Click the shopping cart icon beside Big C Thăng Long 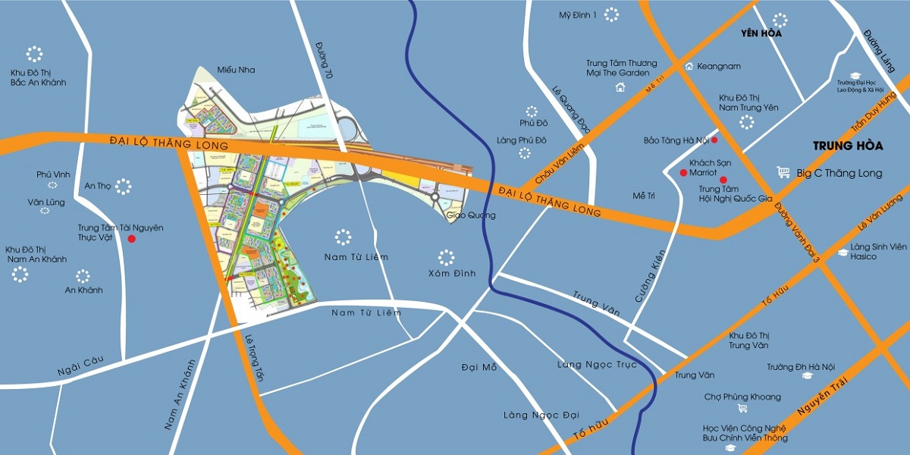pos(783,173)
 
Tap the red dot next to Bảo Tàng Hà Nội pos(714,140)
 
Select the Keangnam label pos(718,67)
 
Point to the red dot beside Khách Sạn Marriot pos(683,173)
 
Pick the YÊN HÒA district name pos(761,34)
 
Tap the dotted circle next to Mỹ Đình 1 pos(611,14)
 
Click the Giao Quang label pos(471,215)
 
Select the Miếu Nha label pos(236,70)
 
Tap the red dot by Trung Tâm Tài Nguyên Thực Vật pos(132,239)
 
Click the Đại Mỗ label pos(479,368)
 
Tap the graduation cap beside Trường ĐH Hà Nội pos(808,375)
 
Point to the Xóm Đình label pos(451,274)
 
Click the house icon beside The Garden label pos(620,87)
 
